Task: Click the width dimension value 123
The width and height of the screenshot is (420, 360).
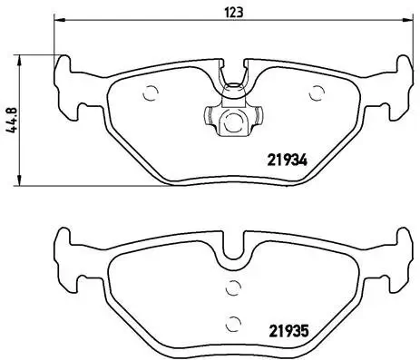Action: point(234,12)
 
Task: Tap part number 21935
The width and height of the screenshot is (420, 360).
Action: point(289,330)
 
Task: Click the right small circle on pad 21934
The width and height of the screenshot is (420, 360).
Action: point(317,91)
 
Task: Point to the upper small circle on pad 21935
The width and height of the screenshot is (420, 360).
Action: point(233,288)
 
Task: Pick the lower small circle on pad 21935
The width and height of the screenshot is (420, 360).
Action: point(233,320)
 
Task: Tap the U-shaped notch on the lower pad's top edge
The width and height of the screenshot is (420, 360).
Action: point(235,248)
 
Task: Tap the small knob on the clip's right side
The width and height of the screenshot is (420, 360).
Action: point(259,118)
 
